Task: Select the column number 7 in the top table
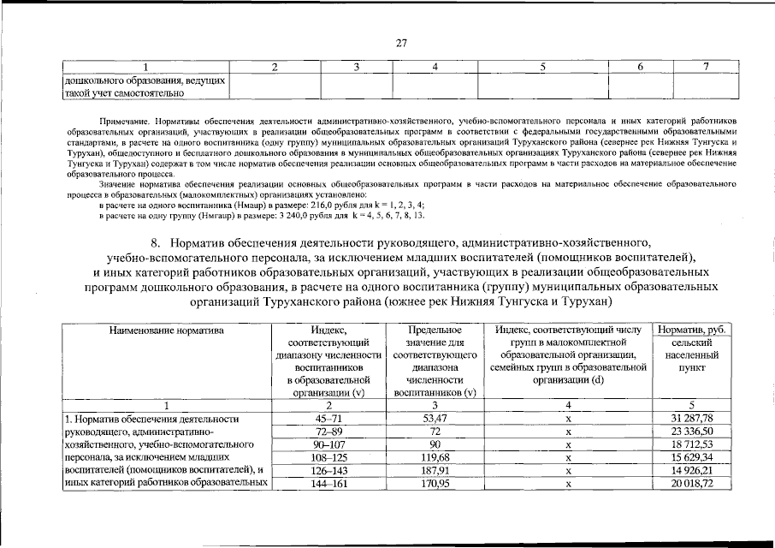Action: click(x=706, y=67)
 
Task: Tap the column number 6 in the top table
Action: click(x=640, y=67)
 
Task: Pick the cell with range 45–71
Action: click(x=328, y=418)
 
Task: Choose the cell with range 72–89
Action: click(x=328, y=432)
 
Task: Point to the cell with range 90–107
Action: click(x=328, y=445)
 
